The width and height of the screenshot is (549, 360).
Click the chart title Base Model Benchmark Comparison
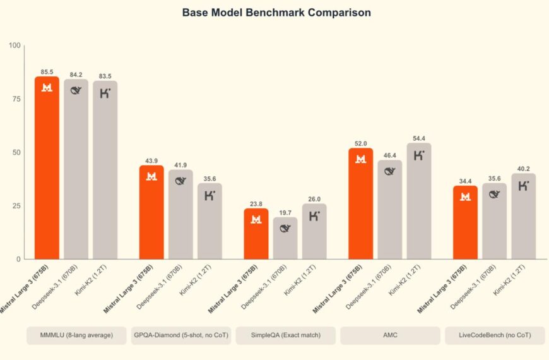tap(276, 13)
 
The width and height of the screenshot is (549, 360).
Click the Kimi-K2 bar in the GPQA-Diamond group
tap(210, 221)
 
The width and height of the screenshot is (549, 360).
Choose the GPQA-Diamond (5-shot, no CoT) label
tap(180, 335)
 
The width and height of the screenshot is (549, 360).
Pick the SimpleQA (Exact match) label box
tap(285, 335)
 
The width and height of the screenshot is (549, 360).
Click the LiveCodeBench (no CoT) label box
tap(495, 335)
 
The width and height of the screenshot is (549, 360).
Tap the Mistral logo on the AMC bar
tap(361, 159)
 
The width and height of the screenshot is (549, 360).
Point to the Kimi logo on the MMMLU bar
tap(105, 93)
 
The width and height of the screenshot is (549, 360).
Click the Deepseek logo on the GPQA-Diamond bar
tap(180, 181)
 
